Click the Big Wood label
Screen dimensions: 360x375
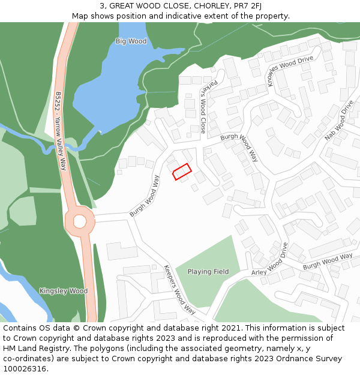(x=131, y=41)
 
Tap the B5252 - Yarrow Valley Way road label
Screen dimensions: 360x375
(x=59, y=131)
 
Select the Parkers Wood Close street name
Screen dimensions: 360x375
(x=203, y=107)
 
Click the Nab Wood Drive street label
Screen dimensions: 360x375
(x=339, y=120)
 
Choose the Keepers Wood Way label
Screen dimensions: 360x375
(x=180, y=290)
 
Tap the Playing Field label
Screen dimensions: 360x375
(x=208, y=272)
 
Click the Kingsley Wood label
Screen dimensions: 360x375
(x=63, y=291)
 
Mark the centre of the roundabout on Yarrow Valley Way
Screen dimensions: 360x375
(x=80, y=221)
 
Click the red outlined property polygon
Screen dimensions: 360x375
(x=182, y=172)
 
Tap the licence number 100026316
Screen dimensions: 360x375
(x=25, y=369)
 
